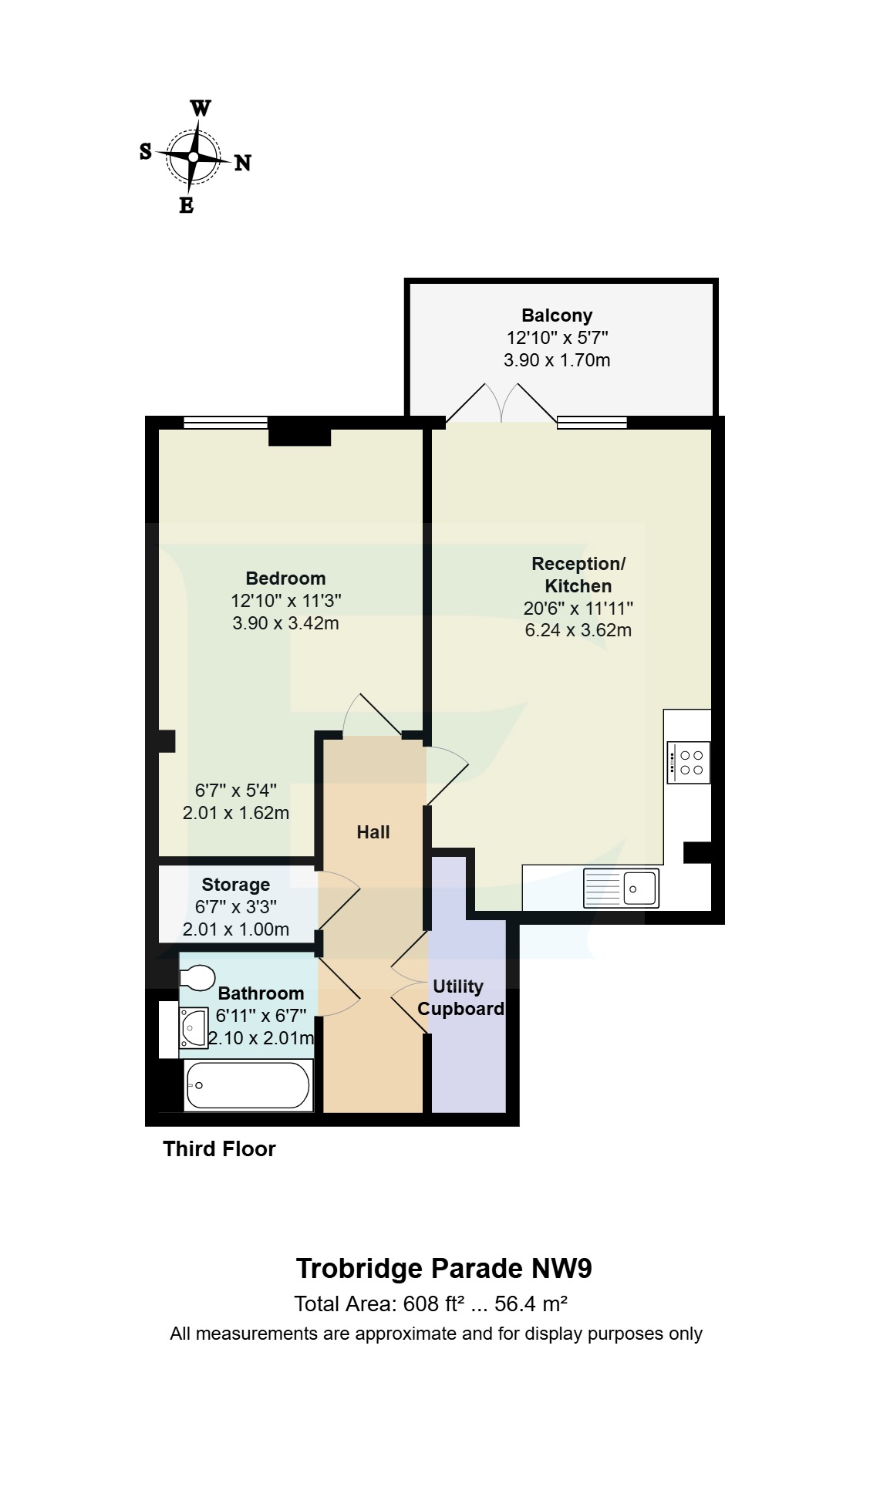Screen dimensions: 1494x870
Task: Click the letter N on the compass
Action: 242,163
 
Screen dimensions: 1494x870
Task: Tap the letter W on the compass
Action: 201,108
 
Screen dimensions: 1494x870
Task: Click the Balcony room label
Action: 557,315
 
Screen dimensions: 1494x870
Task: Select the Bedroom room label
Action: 285,578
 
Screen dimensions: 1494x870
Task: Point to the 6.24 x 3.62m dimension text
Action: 578,630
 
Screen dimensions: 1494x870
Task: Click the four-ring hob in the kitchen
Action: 689,763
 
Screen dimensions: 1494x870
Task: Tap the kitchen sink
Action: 622,888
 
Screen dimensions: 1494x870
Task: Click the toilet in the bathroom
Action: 197,978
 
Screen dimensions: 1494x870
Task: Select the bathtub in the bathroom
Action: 248,1085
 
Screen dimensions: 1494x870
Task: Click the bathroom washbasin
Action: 194,1028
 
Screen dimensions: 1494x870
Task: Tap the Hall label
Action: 373,832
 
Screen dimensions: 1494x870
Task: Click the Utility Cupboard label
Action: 460,997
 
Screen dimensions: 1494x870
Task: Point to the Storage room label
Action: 235,885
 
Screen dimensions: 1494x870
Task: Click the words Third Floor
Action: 219,1149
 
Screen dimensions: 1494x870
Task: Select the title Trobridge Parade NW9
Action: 443,1269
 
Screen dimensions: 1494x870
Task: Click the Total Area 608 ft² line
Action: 430,1304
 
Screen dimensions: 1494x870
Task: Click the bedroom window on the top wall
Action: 225,422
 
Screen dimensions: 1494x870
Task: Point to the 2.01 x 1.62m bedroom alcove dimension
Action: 235,813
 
